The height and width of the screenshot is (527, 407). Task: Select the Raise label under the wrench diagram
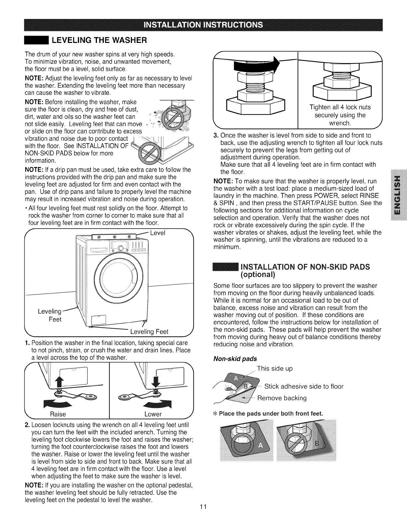[x=58, y=414]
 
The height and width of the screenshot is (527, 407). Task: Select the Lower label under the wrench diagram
[x=153, y=414]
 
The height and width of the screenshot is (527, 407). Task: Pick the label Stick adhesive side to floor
[x=304, y=386]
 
